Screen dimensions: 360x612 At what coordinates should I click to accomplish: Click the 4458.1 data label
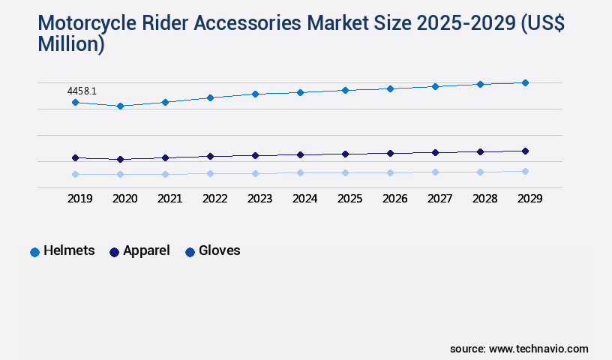tap(82, 91)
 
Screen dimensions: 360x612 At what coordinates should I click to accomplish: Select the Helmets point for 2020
tap(120, 106)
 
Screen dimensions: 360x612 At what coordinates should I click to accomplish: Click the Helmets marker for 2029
tap(525, 82)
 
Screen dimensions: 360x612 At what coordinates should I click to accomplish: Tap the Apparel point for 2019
tap(75, 157)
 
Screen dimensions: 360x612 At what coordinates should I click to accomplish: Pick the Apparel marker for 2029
tap(525, 151)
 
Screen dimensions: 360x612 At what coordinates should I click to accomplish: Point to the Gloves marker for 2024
tap(300, 172)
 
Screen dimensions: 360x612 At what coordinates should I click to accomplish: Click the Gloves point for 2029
tap(525, 171)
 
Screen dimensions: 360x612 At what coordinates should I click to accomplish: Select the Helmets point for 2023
tap(255, 94)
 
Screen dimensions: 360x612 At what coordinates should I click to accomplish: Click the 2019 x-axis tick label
tap(79, 199)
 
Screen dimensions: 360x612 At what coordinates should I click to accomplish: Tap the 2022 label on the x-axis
tap(214, 199)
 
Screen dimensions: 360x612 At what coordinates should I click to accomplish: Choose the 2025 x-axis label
tap(349, 199)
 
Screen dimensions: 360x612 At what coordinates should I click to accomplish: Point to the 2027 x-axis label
tap(439, 199)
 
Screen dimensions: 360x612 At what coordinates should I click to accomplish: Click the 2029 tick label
tap(529, 199)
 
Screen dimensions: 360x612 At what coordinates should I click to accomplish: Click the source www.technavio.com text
tap(519, 349)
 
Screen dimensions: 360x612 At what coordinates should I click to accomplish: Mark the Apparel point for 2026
tap(390, 153)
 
